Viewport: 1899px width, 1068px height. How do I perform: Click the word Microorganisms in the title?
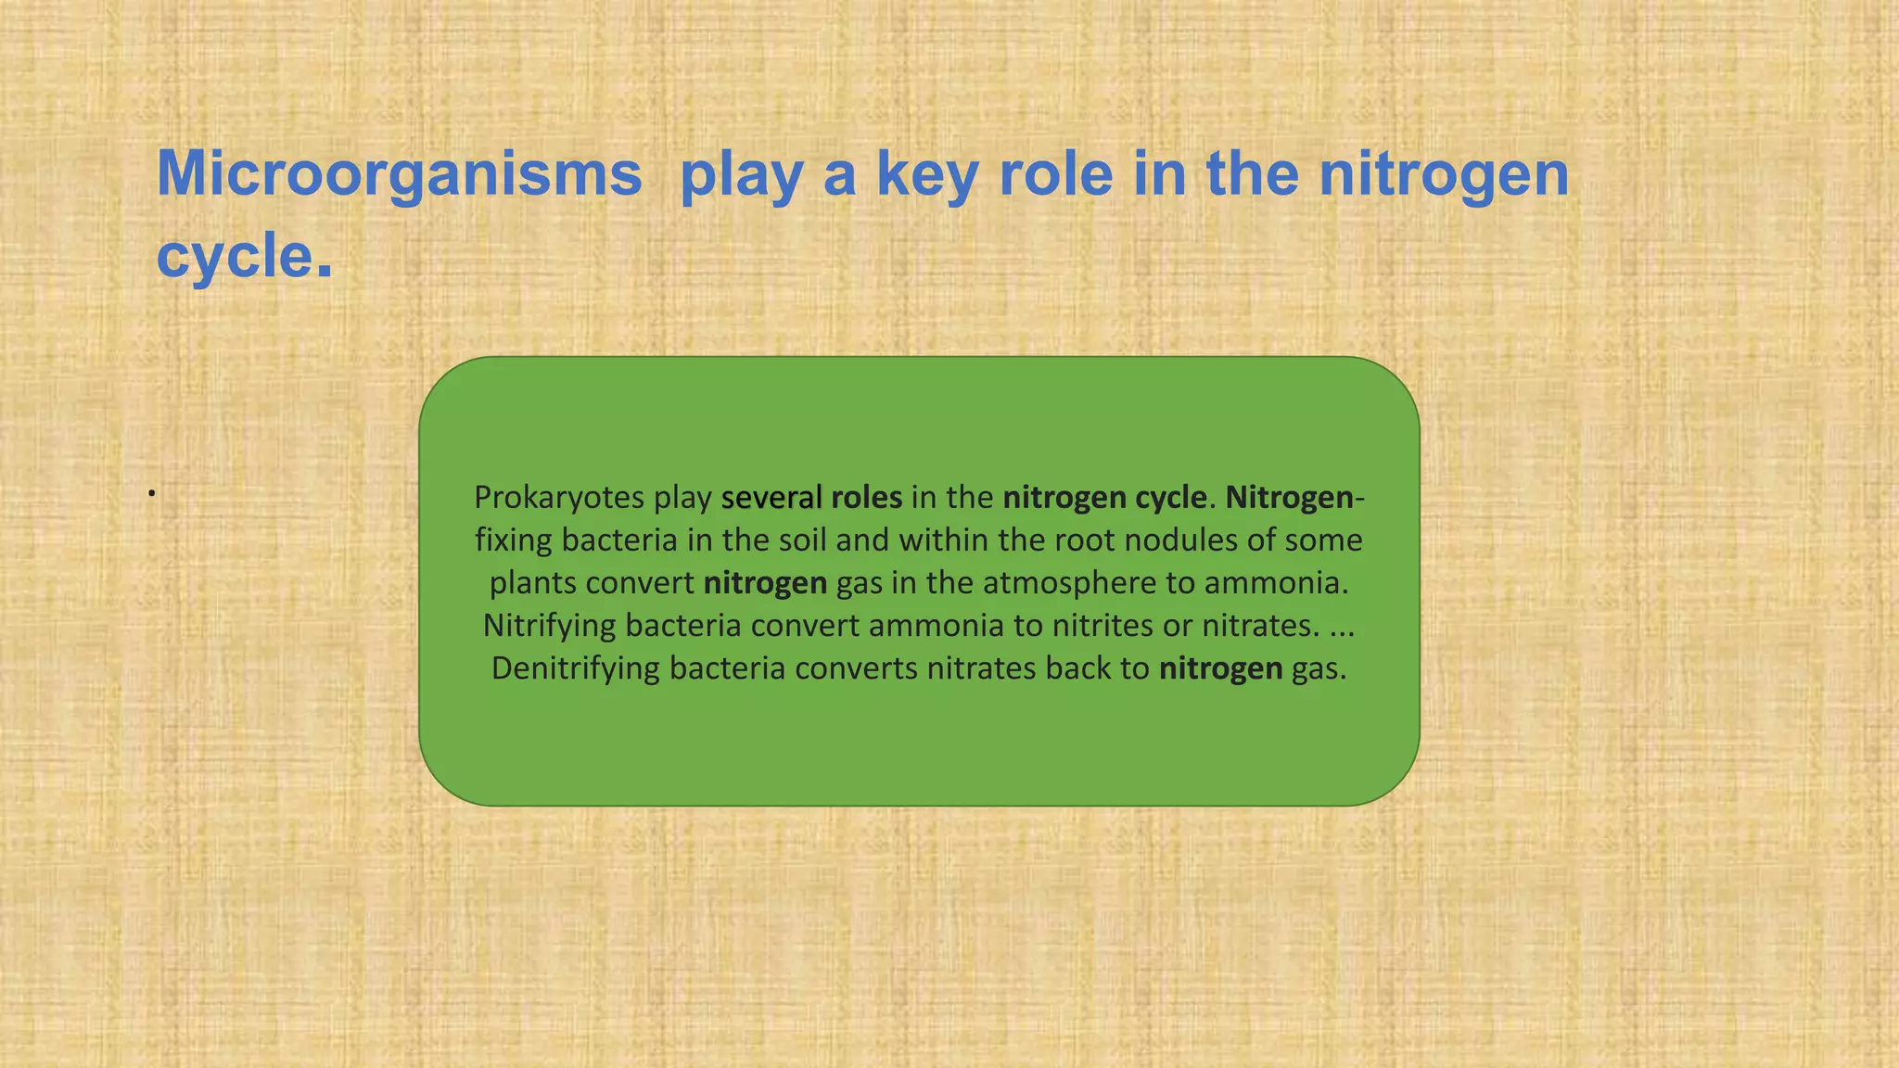tap(399, 174)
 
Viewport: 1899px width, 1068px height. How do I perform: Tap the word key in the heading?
tap(927, 174)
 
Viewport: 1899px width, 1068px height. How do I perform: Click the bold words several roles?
tap(811, 498)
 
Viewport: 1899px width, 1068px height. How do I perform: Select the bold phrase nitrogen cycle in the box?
tap(1104, 498)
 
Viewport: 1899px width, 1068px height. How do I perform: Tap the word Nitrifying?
tap(549, 626)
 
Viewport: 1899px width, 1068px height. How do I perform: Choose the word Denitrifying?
tap(575, 668)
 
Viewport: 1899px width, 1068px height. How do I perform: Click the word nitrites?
tap(1102, 626)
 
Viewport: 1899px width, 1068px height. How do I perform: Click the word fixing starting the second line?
tap(514, 540)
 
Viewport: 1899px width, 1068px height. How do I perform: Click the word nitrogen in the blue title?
tap(1443, 174)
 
